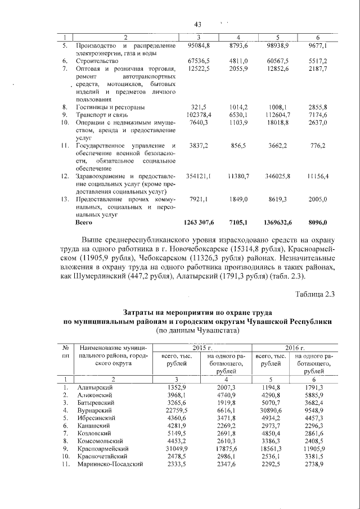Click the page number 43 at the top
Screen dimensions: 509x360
pos(197,24)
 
